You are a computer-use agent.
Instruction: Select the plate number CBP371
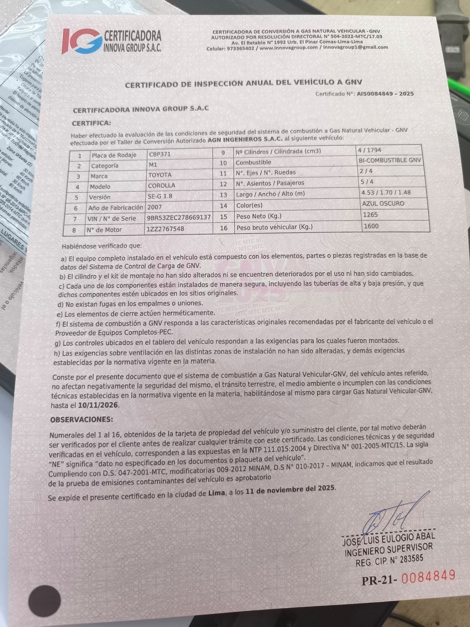click(160, 154)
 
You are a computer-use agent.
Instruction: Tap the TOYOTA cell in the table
click(160, 175)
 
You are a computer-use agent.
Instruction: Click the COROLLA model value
click(162, 185)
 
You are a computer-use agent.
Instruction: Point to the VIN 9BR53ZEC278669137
click(179, 217)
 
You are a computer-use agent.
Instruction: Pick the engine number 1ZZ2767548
click(165, 229)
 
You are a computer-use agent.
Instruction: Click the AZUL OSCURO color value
click(383, 203)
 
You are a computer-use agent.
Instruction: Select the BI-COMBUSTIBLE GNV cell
click(390, 160)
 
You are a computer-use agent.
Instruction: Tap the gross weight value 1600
click(371, 226)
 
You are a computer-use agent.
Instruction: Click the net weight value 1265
click(370, 215)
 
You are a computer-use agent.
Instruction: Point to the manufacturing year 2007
click(155, 207)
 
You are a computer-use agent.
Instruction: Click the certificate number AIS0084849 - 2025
click(385, 94)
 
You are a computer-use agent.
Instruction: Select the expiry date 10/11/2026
click(99, 406)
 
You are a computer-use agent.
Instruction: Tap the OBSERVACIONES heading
click(82, 419)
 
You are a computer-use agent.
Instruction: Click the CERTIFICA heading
click(91, 123)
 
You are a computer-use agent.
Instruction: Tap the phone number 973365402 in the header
click(241, 48)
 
